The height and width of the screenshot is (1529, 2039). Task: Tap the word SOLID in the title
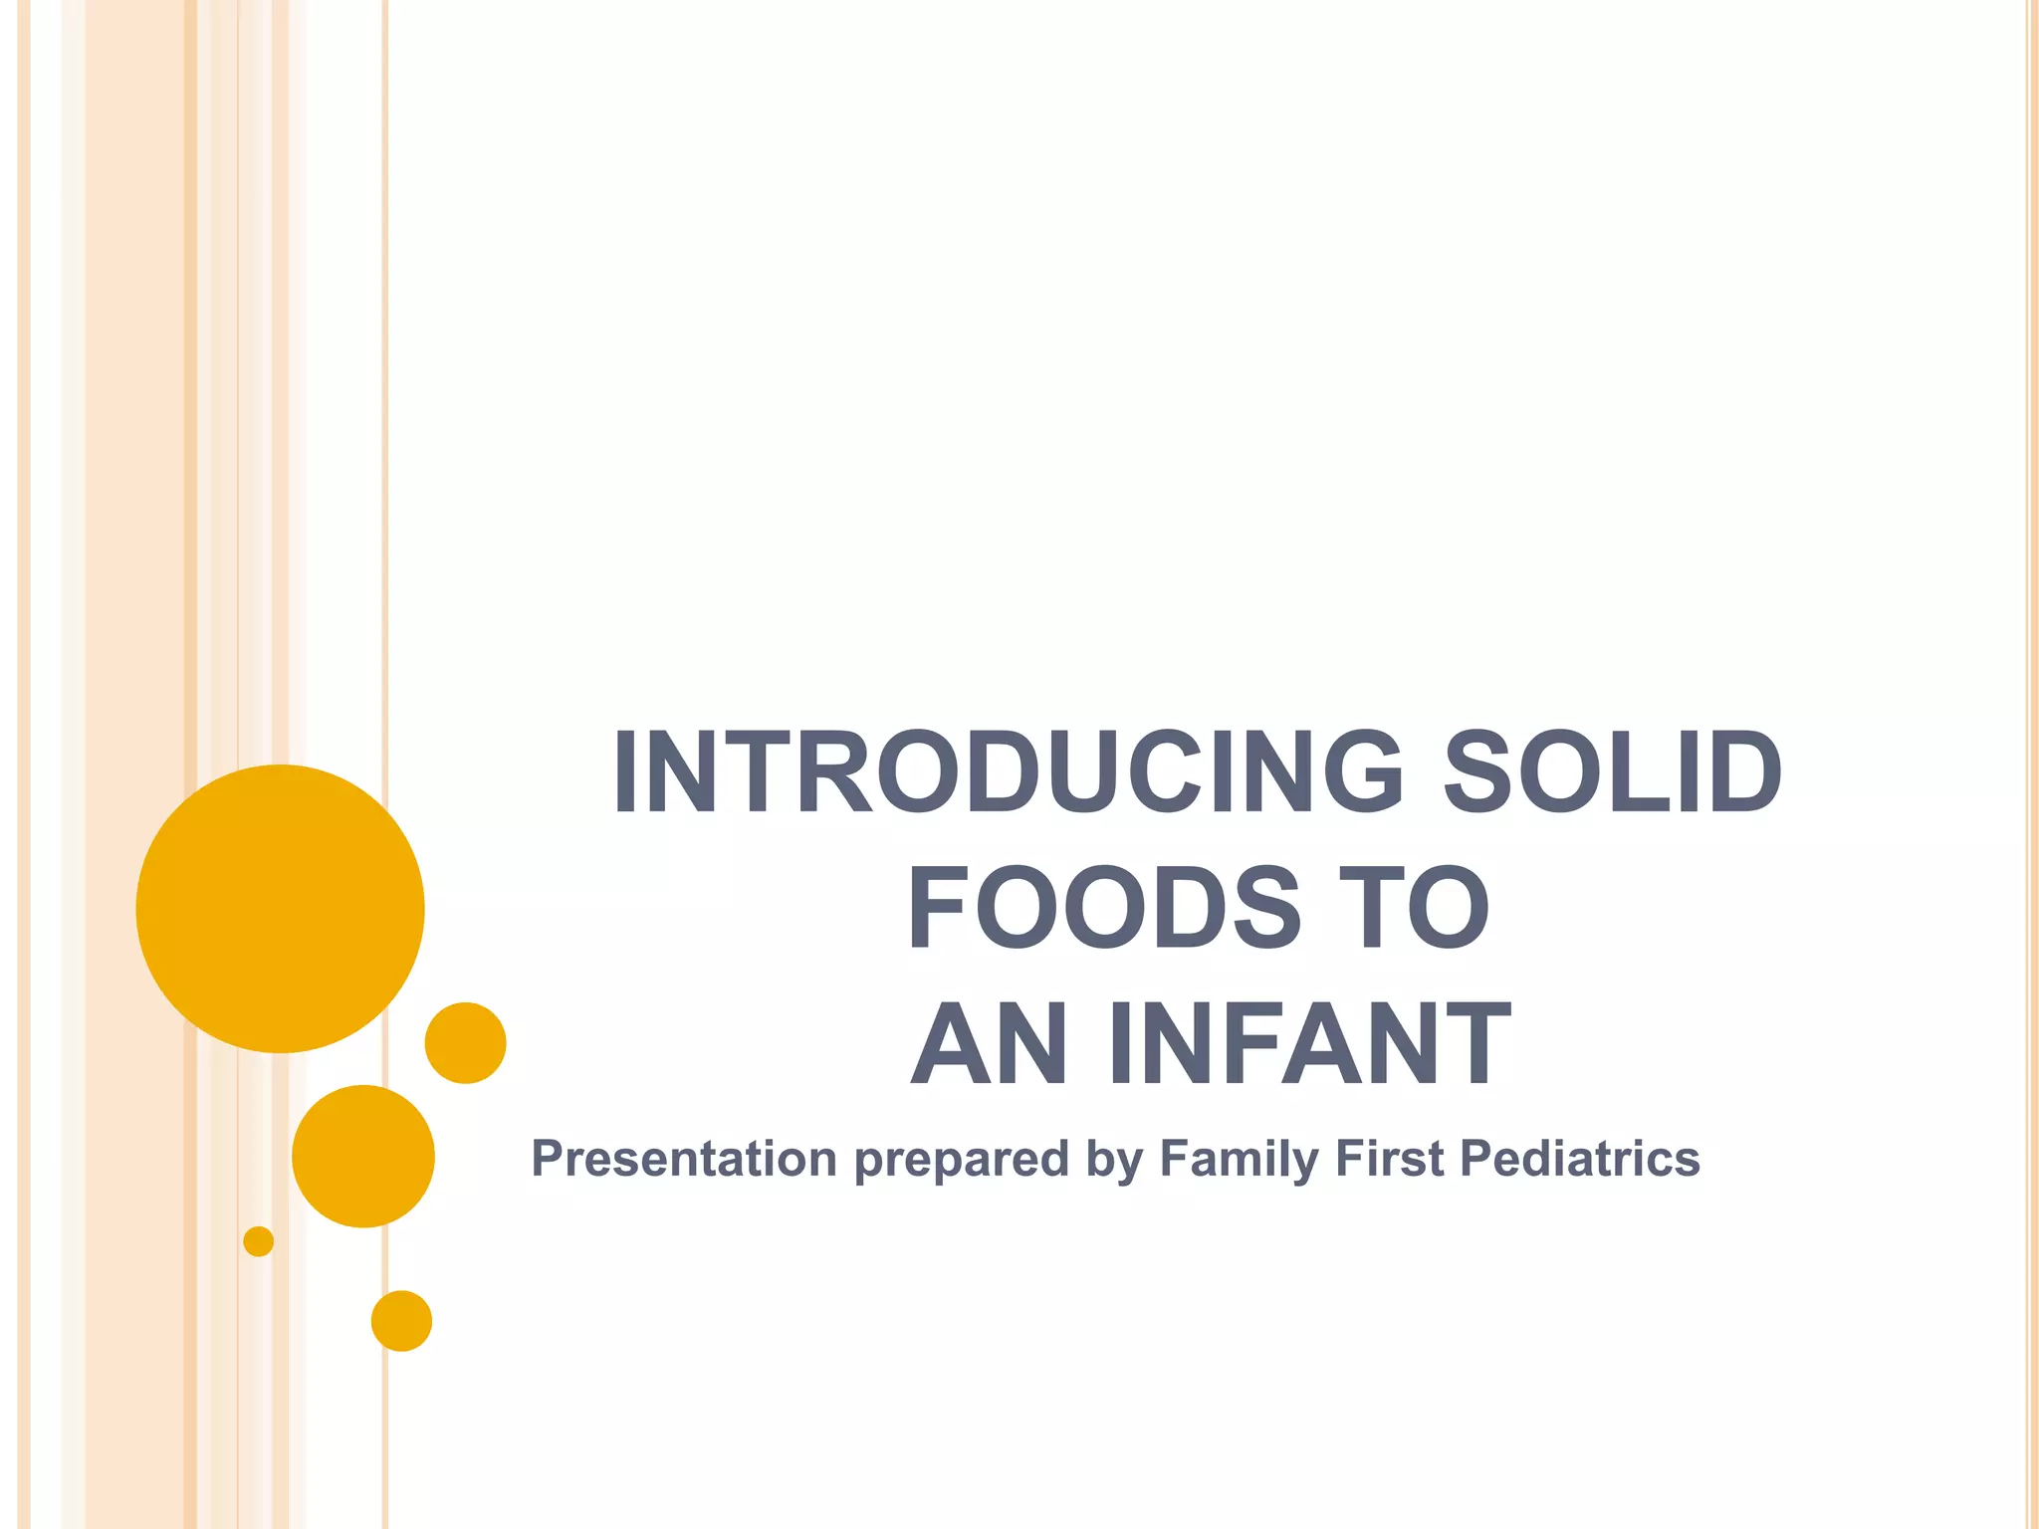tap(1613, 771)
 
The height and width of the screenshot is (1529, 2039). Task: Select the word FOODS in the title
tap(1104, 908)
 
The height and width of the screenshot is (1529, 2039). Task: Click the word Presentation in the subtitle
tap(684, 1159)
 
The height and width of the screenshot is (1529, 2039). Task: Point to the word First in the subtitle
tap(1389, 1159)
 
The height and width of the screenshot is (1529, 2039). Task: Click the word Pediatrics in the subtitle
tap(1580, 1159)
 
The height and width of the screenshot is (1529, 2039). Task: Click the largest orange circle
tap(281, 909)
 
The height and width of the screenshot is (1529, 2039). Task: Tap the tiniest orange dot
tap(259, 1241)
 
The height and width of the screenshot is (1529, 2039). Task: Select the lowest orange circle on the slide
tap(401, 1321)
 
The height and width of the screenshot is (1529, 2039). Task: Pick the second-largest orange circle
tap(363, 1156)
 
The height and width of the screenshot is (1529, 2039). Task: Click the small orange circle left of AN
tap(466, 1043)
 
